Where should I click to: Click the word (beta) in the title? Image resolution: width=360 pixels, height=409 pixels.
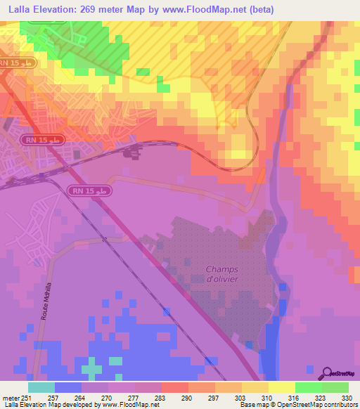pyautogui.click(x=257, y=9)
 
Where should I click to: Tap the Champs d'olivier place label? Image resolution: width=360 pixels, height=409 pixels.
pyautogui.click(x=223, y=275)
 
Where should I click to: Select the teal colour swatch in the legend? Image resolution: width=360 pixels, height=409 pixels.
pyautogui.click(x=41, y=388)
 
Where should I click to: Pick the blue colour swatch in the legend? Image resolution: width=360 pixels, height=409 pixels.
pyautogui.click(x=68, y=388)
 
